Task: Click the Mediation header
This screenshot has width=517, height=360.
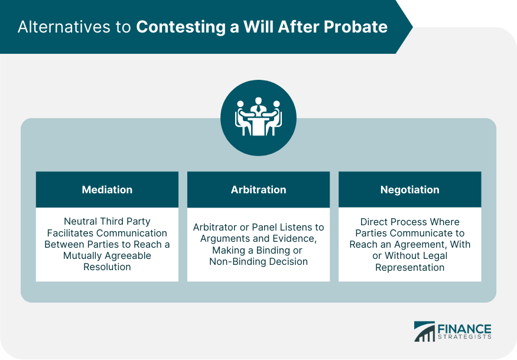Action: click(x=107, y=190)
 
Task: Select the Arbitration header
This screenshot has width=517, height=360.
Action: click(x=258, y=190)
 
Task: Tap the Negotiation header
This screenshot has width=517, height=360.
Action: click(x=409, y=190)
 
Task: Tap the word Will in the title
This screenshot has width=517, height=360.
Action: click(x=275, y=27)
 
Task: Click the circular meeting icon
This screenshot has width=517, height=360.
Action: click(x=258, y=118)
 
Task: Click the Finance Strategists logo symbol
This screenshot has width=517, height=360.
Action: click(x=424, y=332)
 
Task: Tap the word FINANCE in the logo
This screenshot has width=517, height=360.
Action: click(x=464, y=329)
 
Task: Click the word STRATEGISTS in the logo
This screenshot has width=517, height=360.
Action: click(x=464, y=338)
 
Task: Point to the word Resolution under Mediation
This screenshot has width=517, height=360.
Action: click(x=107, y=267)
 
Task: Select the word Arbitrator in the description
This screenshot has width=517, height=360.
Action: click(x=216, y=228)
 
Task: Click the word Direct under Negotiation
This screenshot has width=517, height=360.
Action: click(x=376, y=222)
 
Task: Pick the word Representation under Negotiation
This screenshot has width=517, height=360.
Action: click(x=409, y=267)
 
